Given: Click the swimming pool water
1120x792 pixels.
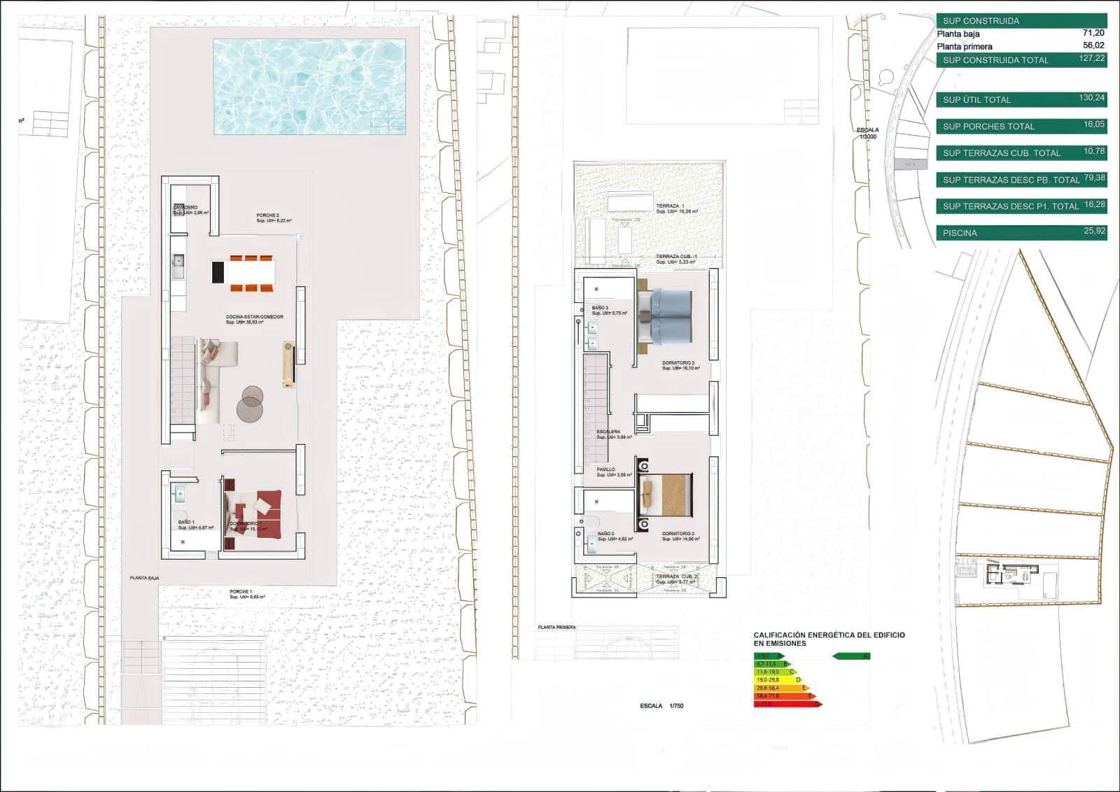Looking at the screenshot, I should (309, 86).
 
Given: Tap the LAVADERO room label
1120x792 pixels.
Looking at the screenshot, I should (185, 208).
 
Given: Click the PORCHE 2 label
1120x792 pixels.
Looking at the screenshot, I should (267, 215).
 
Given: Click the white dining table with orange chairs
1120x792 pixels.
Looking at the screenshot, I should (251, 271).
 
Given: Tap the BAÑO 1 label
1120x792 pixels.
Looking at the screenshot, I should (185, 523).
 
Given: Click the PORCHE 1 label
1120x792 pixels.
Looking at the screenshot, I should (240, 592).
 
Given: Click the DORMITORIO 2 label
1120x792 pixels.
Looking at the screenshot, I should (678, 534).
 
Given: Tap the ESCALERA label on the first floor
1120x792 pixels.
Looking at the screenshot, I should (608, 432).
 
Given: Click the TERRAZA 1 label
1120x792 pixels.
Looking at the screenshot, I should (670, 206).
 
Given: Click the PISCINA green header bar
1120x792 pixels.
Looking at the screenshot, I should (1021, 233).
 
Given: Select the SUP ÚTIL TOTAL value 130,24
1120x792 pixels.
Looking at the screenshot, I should (1091, 99).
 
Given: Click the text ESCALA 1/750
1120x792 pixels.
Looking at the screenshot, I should (661, 706).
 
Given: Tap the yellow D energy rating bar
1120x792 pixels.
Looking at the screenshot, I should (778, 679).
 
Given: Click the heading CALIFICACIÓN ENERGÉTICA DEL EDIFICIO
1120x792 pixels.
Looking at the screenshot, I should (829, 635).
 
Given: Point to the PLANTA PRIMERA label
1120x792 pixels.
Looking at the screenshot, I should (556, 628).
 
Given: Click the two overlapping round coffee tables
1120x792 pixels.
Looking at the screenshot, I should (250, 404).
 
